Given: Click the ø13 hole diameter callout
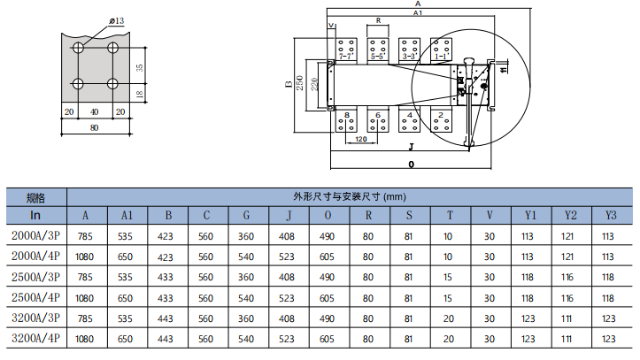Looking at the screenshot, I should pos(118,20).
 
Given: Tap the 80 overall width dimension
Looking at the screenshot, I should pos(94,126).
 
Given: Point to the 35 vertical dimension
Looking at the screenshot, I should pos(140,67).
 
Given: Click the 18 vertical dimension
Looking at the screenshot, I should pos(140,94).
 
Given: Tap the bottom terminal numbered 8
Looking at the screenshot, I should pos(346,115).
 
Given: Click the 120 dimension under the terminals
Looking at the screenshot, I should pos(361,140).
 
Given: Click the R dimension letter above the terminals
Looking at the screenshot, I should pos(378,19).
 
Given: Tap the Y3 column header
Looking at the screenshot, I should pos(609,215).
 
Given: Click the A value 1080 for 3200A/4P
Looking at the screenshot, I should pos(86,339).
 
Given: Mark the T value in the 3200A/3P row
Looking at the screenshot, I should pos(449,317).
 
